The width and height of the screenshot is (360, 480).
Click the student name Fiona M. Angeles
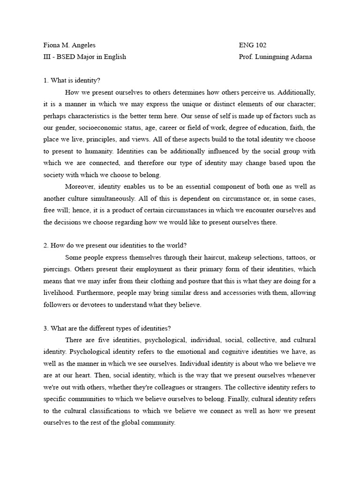pos(69,45)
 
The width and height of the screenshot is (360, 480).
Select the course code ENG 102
pos(253,45)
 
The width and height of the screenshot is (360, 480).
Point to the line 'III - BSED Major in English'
pos(85,57)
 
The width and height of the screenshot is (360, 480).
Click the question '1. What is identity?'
pos(72,81)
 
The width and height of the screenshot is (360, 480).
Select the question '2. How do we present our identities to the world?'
pos(115,245)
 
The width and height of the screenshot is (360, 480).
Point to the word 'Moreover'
pos(79,187)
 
